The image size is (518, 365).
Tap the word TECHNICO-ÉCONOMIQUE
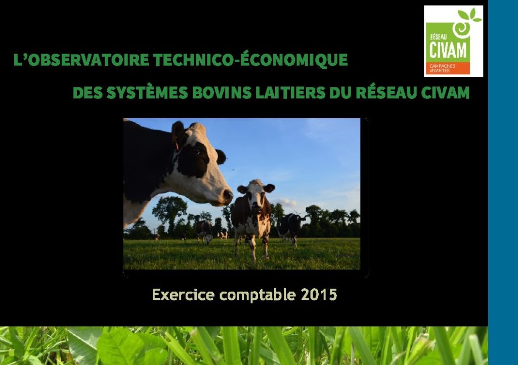pos(250,59)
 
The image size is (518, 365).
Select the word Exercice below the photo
pos(183,295)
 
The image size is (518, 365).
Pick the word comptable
pos(257,295)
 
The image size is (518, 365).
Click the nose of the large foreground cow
pos(228,195)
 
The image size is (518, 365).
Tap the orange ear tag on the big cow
pos(177,145)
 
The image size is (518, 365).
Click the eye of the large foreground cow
pos(198,153)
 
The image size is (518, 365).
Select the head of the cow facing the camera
pos(255,197)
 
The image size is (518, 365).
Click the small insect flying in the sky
pos(233,170)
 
